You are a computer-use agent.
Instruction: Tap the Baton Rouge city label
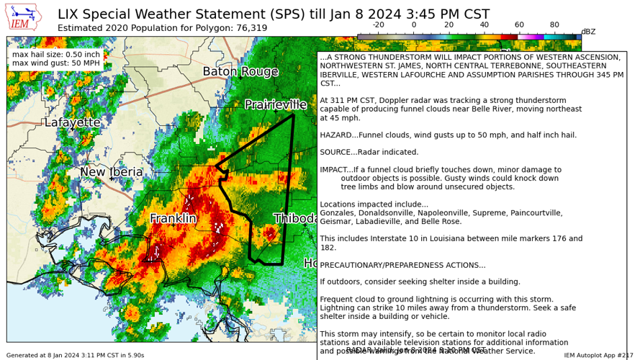pyautogui.click(x=240, y=72)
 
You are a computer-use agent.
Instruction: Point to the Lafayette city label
pyautogui.click(x=72, y=122)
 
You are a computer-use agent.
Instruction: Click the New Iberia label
pyautogui.click(x=112, y=172)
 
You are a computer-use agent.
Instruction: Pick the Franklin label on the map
pyautogui.click(x=173, y=218)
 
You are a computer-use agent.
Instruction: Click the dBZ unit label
pyautogui.click(x=588, y=32)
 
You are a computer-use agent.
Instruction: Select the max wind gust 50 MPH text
pyautogui.click(x=56, y=63)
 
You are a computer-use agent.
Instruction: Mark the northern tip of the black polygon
pyautogui.click(x=293, y=114)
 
